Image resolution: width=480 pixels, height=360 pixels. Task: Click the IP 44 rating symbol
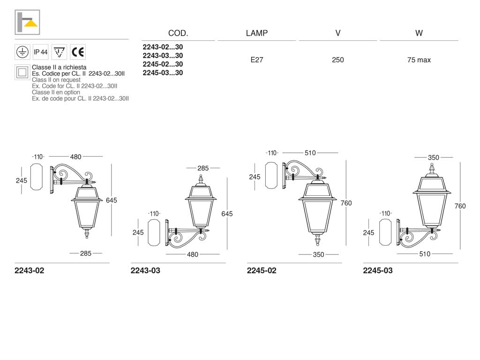(40, 52)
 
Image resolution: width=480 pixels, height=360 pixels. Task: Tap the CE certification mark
(78, 52)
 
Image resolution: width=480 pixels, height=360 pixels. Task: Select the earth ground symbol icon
(22, 52)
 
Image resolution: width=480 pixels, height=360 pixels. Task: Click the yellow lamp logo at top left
(27, 22)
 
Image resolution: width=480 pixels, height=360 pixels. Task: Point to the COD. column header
(178, 33)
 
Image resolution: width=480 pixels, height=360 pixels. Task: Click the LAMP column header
(257, 33)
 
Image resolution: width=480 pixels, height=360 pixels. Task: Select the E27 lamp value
(257, 60)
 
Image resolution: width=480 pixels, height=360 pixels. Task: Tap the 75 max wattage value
(419, 60)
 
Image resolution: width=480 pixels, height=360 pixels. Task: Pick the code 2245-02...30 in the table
(163, 64)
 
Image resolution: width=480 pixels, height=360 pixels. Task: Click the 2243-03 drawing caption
(145, 270)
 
